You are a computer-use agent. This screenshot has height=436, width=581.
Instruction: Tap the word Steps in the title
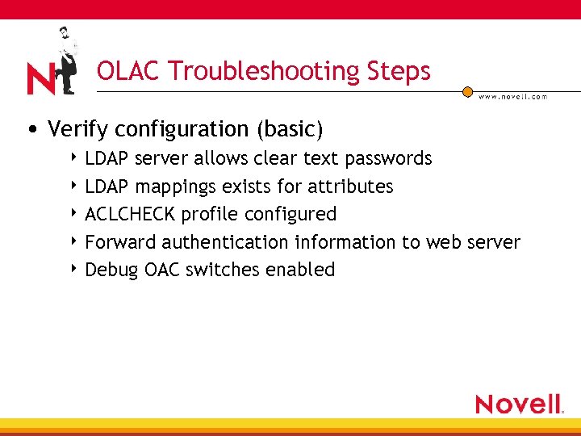pyautogui.click(x=400, y=72)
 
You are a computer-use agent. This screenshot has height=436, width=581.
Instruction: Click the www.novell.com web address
pyautogui.click(x=512, y=96)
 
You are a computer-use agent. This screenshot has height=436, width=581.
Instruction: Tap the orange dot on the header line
pyautogui.click(x=467, y=92)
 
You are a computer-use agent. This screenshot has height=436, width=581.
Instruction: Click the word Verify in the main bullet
pyautogui.click(x=78, y=129)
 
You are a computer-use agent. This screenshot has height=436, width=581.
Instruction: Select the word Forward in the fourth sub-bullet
pyautogui.click(x=120, y=242)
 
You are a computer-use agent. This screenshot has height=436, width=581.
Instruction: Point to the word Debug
pyautogui.click(x=111, y=270)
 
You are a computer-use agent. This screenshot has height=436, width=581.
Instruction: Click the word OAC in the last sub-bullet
pyautogui.click(x=162, y=270)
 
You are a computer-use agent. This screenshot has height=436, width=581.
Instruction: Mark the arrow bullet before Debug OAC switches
pyautogui.click(x=74, y=270)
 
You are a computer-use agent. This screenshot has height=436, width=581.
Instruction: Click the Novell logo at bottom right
pyautogui.click(x=519, y=403)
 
